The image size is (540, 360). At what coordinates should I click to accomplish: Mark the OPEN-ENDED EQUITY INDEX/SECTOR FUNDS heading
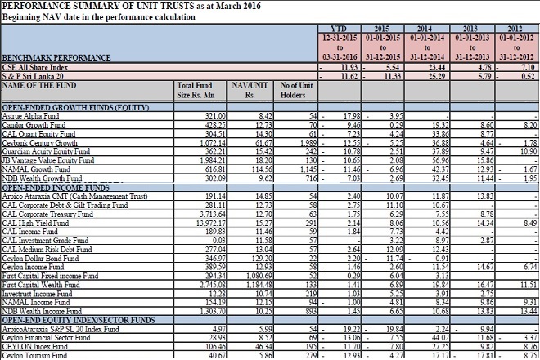point(78,319)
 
